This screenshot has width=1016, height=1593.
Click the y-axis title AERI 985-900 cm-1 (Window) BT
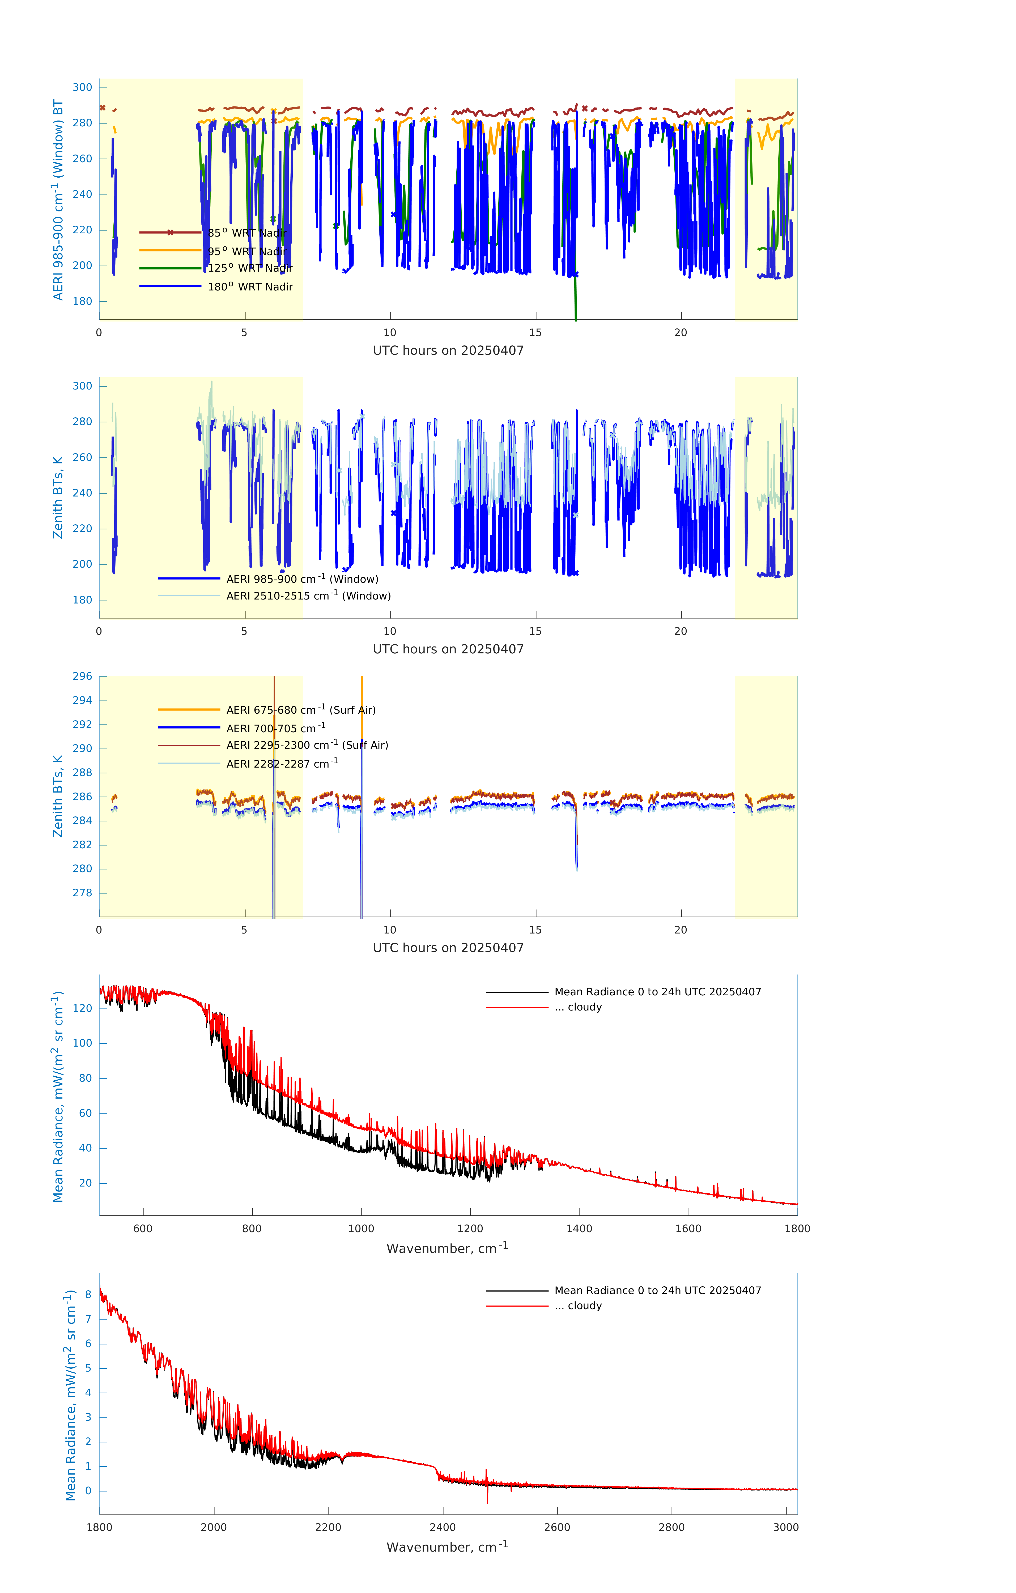58,200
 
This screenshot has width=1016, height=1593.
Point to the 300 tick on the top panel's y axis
83,87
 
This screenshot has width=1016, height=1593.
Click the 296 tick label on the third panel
83,676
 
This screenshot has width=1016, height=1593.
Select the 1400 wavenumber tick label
579,1228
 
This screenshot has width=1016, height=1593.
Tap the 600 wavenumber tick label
143,1228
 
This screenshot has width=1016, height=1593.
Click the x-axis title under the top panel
448,351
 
